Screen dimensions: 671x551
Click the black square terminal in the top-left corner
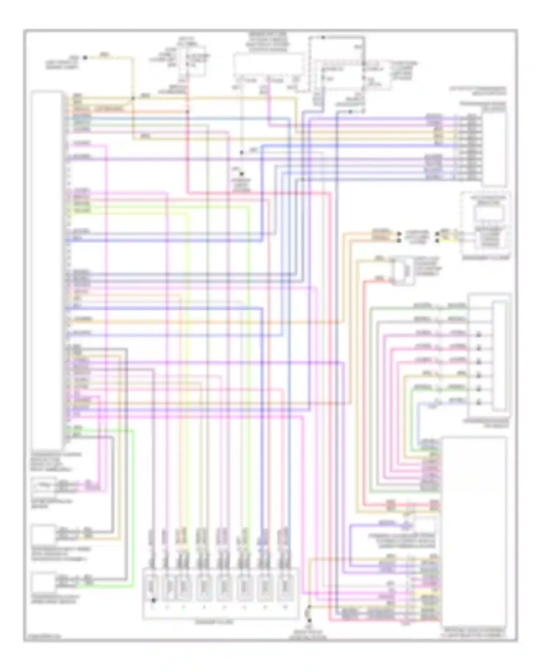[x=85, y=57]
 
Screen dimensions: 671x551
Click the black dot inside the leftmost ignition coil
[x=154, y=601]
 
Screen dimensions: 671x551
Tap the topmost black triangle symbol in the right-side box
[x=479, y=334]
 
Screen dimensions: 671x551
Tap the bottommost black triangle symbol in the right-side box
[x=479, y=402]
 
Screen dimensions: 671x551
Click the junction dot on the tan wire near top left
[x=133, y=98]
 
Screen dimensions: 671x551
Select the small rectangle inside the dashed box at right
[x=488, y=214]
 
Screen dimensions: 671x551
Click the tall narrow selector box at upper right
[x=495, y=149]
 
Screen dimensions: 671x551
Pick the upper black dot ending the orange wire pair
[x=399, y=233]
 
